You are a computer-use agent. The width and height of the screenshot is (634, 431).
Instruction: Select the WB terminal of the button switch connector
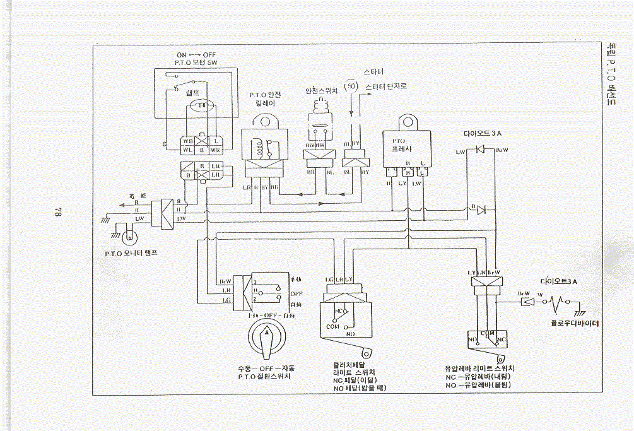coord(188,141)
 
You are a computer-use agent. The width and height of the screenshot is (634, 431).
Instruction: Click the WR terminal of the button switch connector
coord(215,150)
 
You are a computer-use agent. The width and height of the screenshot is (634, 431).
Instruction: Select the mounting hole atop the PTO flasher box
coord(407,121)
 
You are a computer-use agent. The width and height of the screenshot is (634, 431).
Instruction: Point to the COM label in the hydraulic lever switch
coord(486,333)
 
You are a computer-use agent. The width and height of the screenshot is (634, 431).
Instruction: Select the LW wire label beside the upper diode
coord(461,151)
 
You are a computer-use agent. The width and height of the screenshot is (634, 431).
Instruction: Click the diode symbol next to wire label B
coord(482,209)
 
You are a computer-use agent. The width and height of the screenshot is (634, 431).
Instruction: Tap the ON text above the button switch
coord(182,55)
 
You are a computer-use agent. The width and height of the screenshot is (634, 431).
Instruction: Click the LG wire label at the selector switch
coord(225,300)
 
